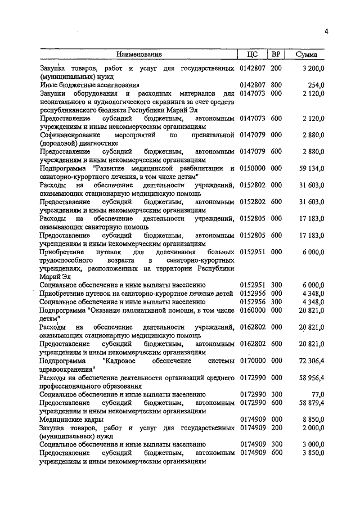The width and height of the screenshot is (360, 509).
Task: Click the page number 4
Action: (326, 31)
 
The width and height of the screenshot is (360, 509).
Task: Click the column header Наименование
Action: (139, 55)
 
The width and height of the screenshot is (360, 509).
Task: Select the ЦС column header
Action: (252, 55)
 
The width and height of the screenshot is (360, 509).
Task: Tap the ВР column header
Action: (276, 55)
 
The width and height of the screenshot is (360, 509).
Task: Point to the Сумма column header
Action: (306, 55)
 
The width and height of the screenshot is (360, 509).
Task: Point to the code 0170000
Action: (252, 360)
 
